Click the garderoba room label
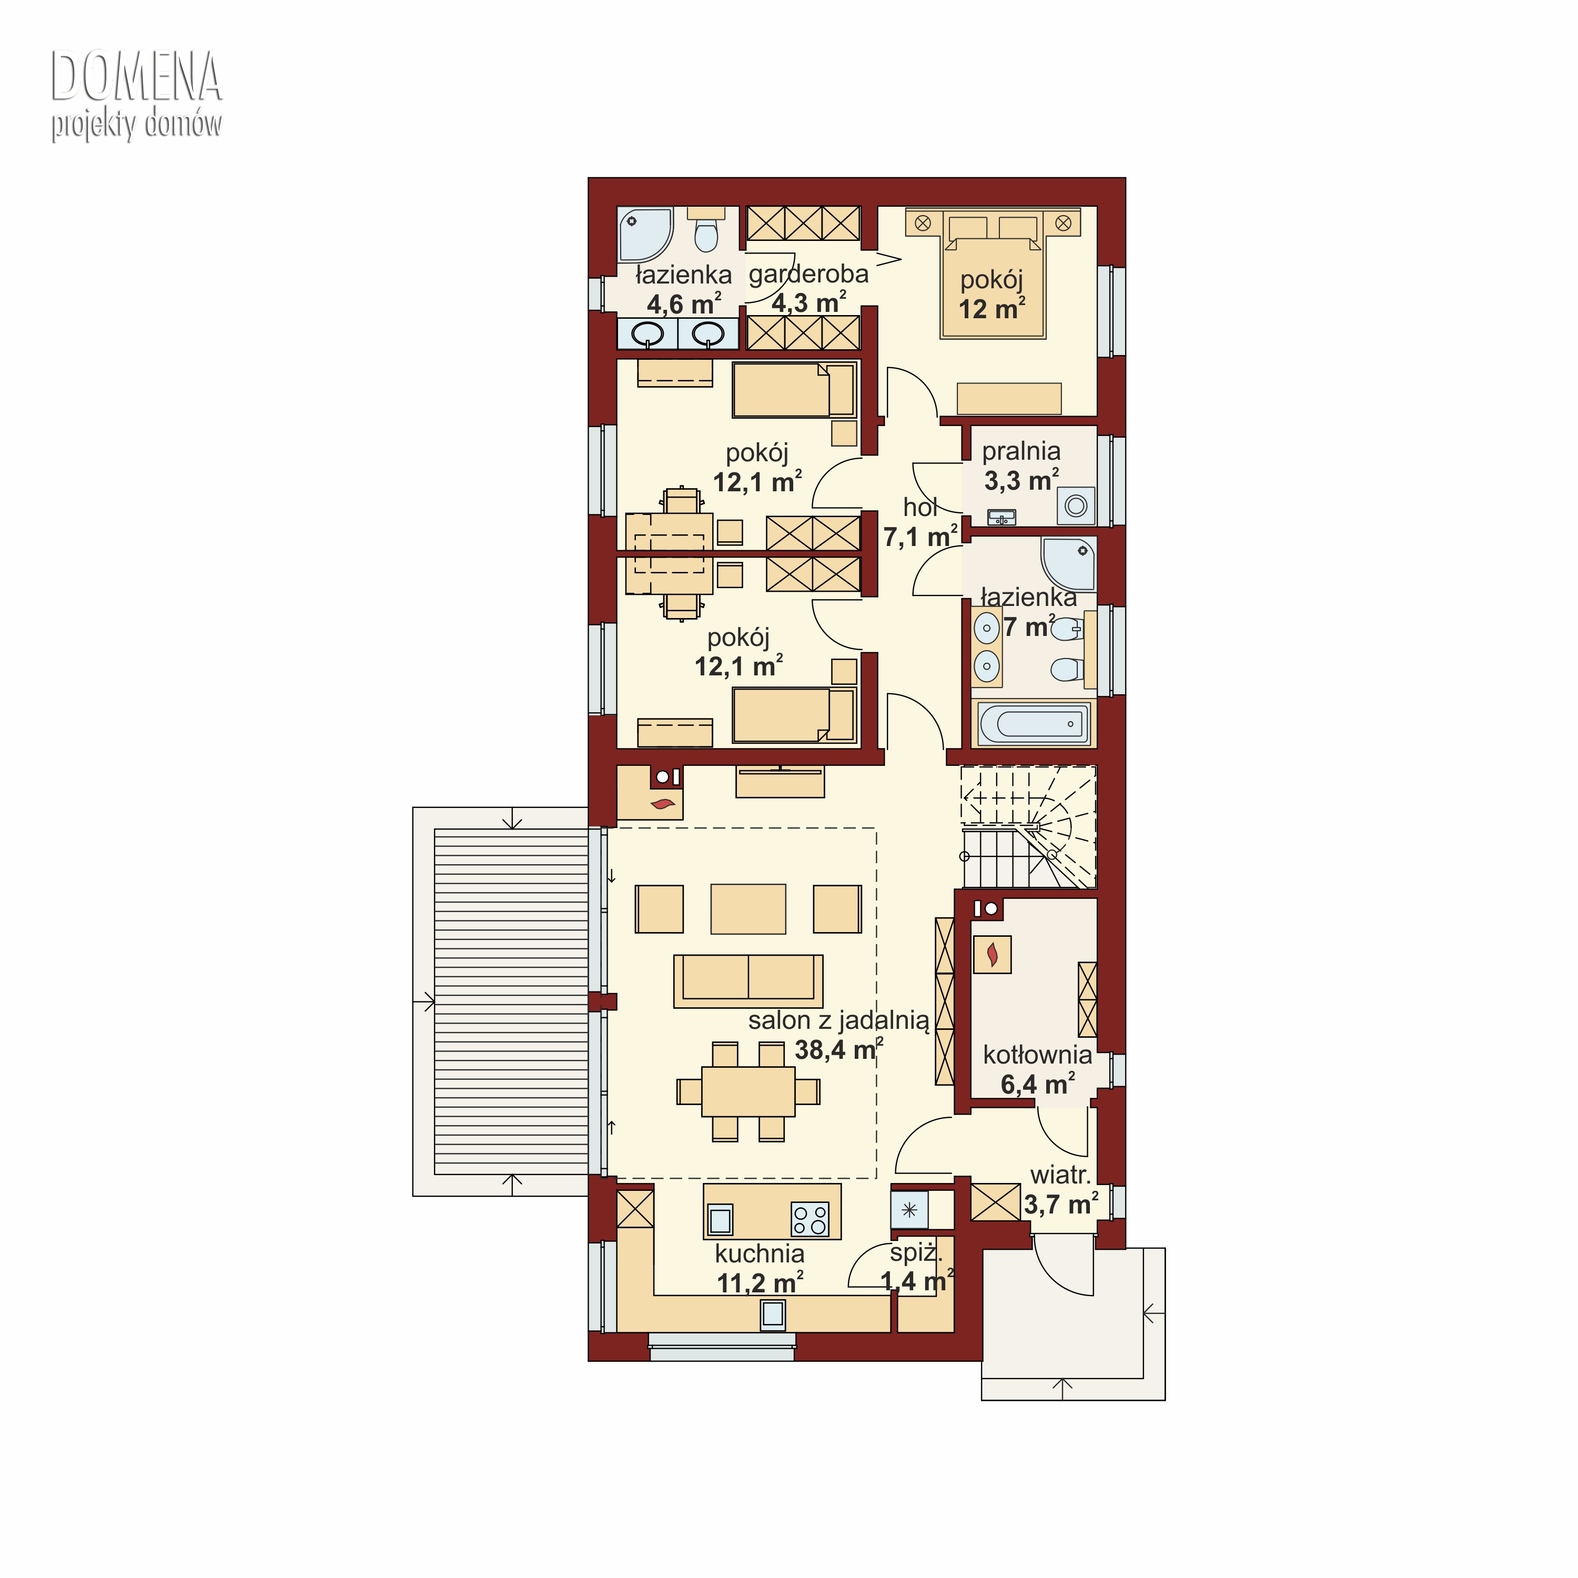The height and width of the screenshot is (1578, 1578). click(x=808, y=275)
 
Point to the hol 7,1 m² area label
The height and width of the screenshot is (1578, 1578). click(x=920, y=523)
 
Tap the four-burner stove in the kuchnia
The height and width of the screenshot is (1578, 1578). click(x=810, y=1220)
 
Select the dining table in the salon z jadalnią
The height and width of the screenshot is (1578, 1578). click(x=748, y=1091)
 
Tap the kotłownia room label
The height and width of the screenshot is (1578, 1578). click(x=1037, y=1055)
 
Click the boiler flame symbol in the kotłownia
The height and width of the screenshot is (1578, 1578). click(x=993, y=954)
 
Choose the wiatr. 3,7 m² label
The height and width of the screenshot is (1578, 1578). click(x=1061, y=1189)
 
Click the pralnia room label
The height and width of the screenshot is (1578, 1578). click(x=1021, y=451)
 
